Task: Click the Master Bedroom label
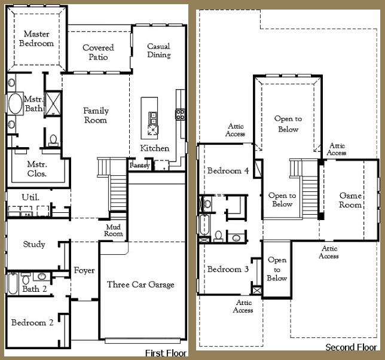point(36,39)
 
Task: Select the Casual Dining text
point(159,51)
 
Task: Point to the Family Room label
point(96,115)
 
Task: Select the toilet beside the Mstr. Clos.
point(53,140)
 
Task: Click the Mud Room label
point(114,230)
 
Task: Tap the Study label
point(34,244)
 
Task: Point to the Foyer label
point(84,271)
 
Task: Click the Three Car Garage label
point(140,285)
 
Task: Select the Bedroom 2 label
point(33,323)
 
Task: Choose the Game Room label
point(350,200)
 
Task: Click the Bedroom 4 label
point(228,171)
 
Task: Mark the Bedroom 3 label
point(228,270)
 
